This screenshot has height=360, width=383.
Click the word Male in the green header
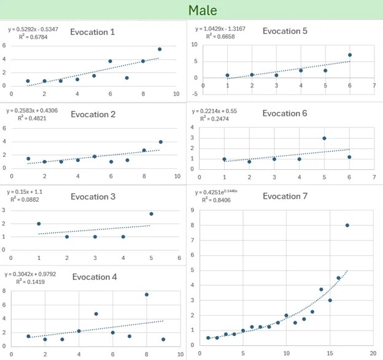(x=202, y=10)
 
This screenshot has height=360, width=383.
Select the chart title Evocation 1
(x=93, y=32)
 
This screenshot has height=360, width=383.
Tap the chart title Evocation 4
(x=95, y=277)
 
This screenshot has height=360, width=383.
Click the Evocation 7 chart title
(x=285, y=196)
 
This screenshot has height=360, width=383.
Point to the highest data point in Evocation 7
(x=347, y=225)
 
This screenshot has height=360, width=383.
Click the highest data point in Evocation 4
(x=147, y=294)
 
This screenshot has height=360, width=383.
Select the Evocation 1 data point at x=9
(x=160, y=49)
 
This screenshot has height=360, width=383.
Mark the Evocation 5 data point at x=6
(x=350, y=55)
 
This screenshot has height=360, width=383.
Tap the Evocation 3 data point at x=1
(x=39, y=224)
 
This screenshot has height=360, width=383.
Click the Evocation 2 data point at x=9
(x=161, y=142)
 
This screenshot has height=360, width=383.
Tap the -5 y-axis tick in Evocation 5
(x=195, y=94)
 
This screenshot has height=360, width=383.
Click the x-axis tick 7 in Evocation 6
(x=374, y=178)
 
